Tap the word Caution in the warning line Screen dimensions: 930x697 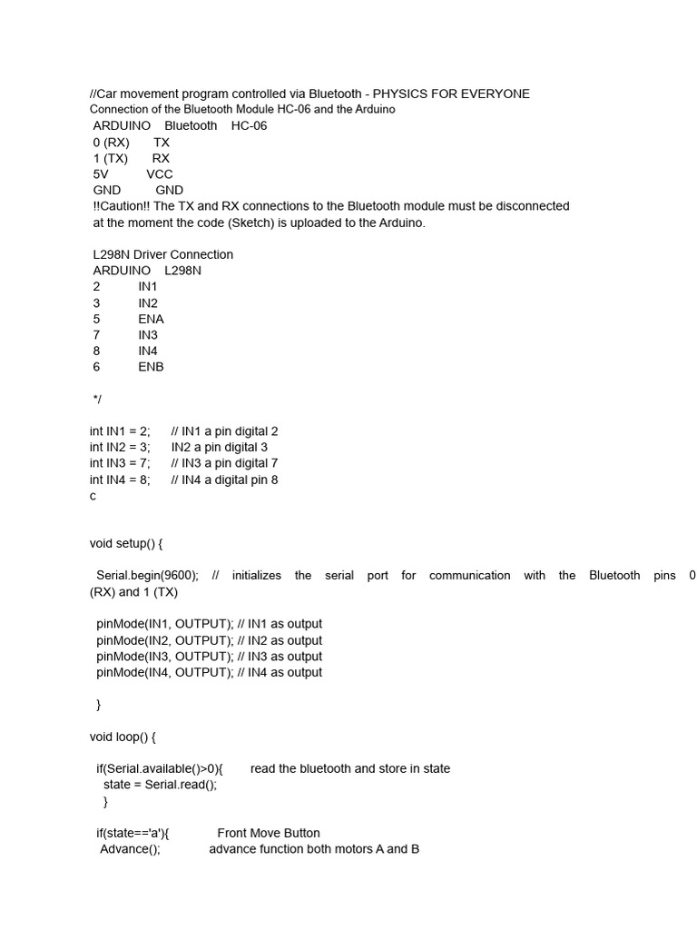click(125, 206)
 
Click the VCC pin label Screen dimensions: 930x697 click(160, 173)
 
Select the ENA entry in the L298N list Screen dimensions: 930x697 click(151, 319)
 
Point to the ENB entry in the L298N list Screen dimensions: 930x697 click(151, 367)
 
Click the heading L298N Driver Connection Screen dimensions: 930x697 click(163, 254)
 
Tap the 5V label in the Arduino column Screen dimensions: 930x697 click(101, 173)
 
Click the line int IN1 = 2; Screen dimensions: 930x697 click(120, 431)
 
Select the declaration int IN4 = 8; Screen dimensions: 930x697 click(120, 480)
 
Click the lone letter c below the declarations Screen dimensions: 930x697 click(93, 496)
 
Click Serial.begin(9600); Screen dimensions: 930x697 click(147, 576)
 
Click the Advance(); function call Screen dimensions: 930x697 click(130, 849)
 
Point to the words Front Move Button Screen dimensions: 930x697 click(269, 833)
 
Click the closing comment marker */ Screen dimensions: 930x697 click(97, 399)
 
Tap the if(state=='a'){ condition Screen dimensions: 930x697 click(133, 833)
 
